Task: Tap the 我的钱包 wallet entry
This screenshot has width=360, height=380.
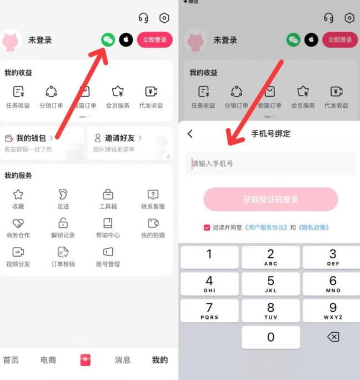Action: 31,138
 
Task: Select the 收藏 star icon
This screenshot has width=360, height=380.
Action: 18,194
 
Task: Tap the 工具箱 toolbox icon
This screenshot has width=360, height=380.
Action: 108,194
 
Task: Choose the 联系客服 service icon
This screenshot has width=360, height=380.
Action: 153,194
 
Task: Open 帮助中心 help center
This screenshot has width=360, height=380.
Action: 108,223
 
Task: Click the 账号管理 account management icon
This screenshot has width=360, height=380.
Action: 108,252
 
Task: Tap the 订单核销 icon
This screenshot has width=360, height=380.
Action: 63,252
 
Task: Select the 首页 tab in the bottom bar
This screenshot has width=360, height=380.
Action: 11,360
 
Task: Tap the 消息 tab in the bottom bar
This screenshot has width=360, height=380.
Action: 122,360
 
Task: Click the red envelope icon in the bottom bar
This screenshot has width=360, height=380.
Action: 85,359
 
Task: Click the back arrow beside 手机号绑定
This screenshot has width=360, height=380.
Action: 190,134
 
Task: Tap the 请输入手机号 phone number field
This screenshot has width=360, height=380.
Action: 271,164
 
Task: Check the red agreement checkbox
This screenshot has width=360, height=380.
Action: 207,227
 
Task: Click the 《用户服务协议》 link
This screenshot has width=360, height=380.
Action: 266,227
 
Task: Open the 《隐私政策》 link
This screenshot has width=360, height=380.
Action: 314,227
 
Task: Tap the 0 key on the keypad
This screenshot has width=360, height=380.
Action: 271,337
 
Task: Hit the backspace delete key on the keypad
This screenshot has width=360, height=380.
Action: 333,337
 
